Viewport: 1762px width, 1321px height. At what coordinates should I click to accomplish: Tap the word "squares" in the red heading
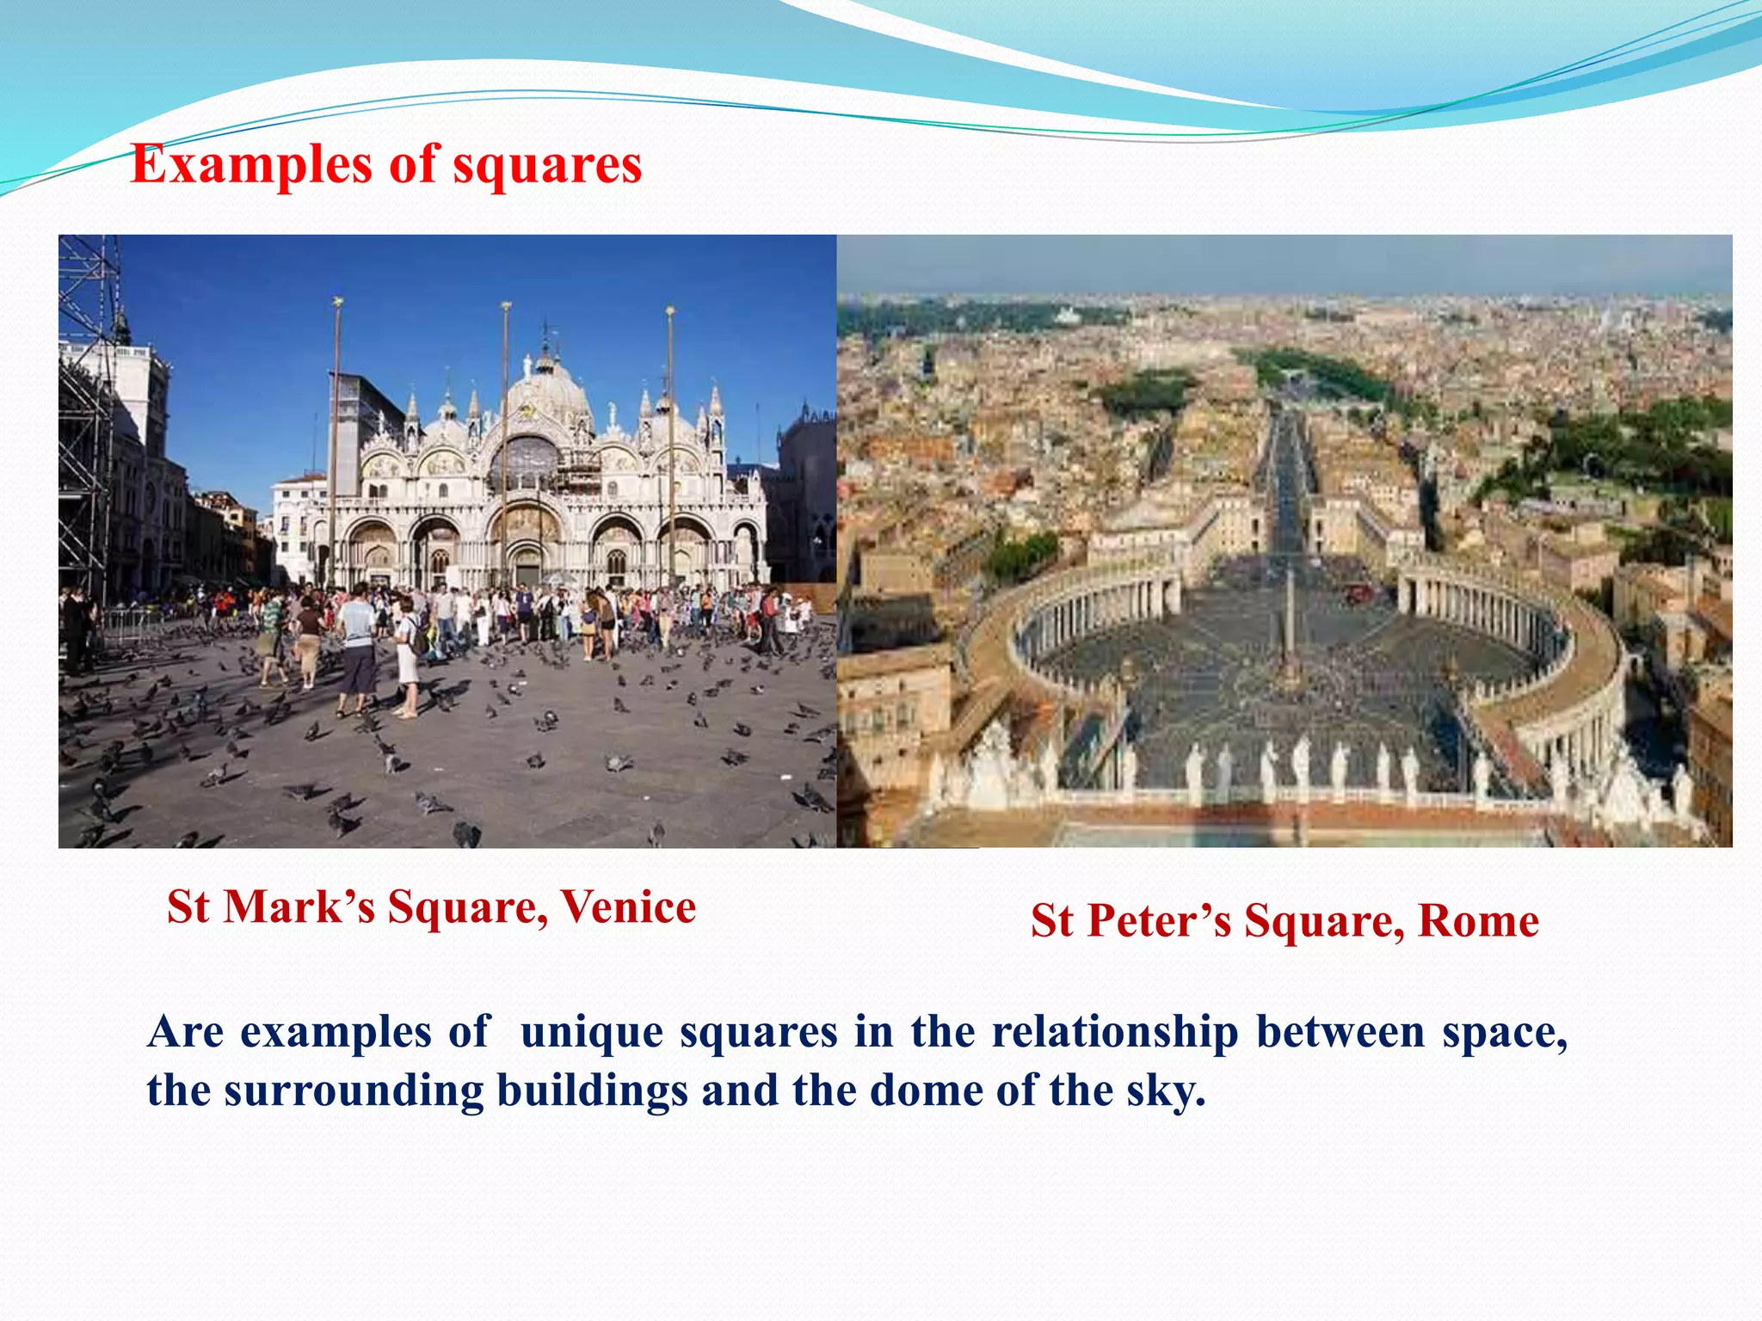click(547, 164)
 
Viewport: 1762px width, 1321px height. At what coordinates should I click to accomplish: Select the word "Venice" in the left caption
click(628, 906)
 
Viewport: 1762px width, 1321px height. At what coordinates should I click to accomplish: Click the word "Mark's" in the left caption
click(299, 906)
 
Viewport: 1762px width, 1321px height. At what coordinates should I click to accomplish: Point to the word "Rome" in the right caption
click(1478, 921)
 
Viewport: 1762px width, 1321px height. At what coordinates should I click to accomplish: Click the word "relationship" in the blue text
click(1115, 1031)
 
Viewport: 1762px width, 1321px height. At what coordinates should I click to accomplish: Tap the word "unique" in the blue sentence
click(593, 1031)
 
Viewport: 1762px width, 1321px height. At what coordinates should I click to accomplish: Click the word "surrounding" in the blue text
click(354, 1091)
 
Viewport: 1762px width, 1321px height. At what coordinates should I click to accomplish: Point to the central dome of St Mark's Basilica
click(547, 391)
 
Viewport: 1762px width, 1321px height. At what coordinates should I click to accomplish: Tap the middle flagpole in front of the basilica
click(506, 447)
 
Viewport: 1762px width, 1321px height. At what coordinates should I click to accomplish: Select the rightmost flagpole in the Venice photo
click(670, 447)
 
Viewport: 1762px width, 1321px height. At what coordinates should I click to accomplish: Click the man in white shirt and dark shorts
click(355, 649)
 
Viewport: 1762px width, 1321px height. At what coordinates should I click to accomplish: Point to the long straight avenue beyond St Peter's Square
click(1287, 482)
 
